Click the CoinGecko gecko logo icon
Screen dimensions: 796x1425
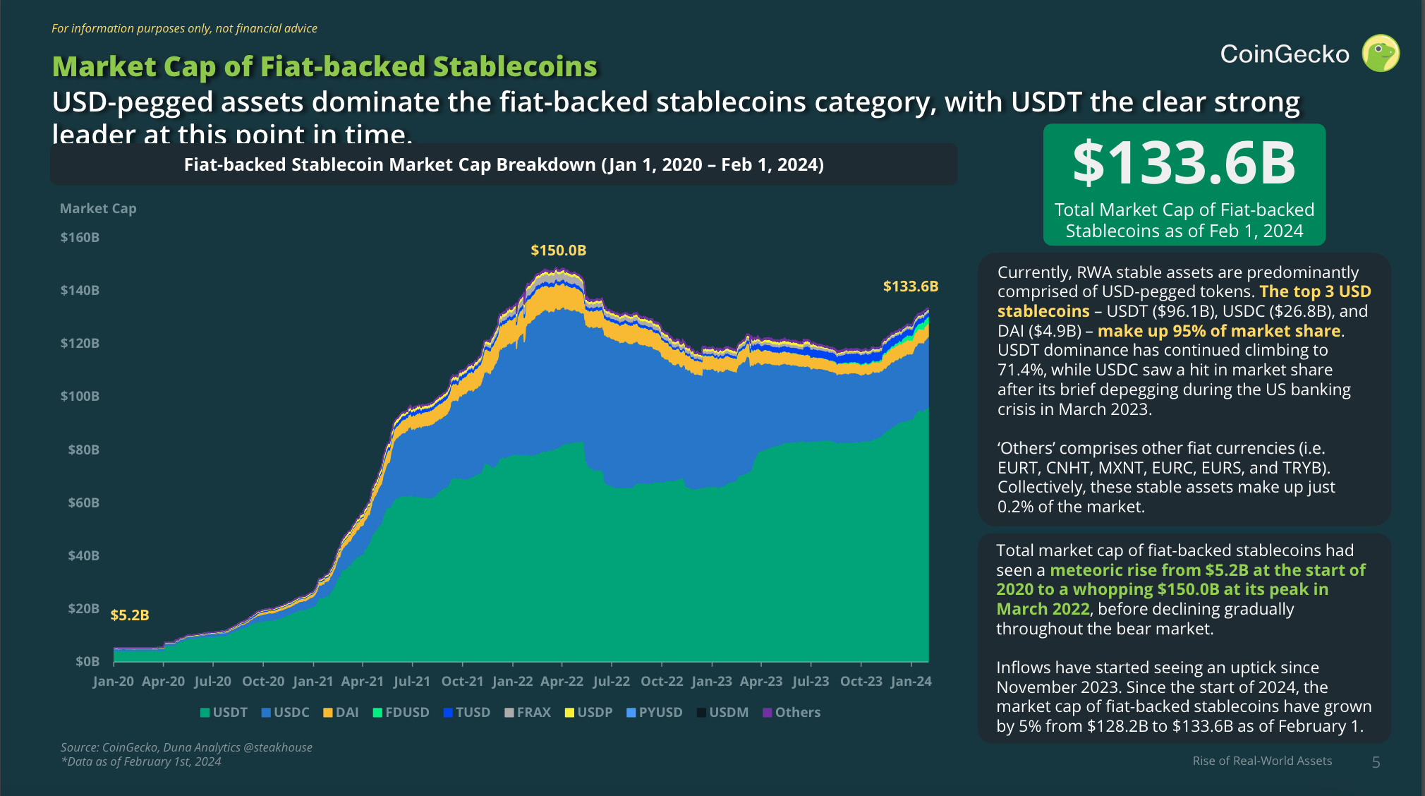pyautogui.click(x=1381, y=54)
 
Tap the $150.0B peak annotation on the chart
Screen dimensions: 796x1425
pyautogui.click(x=558, y=251)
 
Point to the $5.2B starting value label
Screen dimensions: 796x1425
pyautogui.click(x=130, y=615)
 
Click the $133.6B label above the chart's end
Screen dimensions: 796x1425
pyautogui.click(x=910, y=287)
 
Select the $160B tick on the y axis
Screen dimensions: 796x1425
pyautogui.click(x=80, y=238)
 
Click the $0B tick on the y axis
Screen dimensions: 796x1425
pyautogui.click(x=87, y=662)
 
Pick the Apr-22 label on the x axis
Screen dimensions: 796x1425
pyautogui.click(x=562, y=682)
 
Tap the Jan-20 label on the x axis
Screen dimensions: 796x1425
pyautogui.click(x=113, y=682)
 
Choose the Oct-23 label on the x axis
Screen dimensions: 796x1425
pyautogui.click(x=861, y=682)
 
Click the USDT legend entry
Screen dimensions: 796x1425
pyautogui.click(x=224, y=713)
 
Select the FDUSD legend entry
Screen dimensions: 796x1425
pyautogui.click(x=401, y=713)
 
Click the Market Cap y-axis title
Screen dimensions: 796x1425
pyautogui.click(x=98, y=209)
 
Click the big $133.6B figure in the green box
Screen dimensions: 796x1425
pyautogui.click(x=1184, y=163)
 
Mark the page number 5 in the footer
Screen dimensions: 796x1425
pyautogui.click(x=1376, y=762)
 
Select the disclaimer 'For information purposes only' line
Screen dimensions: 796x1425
pyautogui.click(x=184, y=29)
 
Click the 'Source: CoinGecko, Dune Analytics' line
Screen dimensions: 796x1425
pyautogui.click(x=186, y=747)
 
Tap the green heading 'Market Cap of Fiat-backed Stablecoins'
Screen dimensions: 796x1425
pyautogui.click(x=325, y=67)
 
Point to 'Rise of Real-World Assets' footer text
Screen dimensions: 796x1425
pyautogui.click(x=1262, y=761)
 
